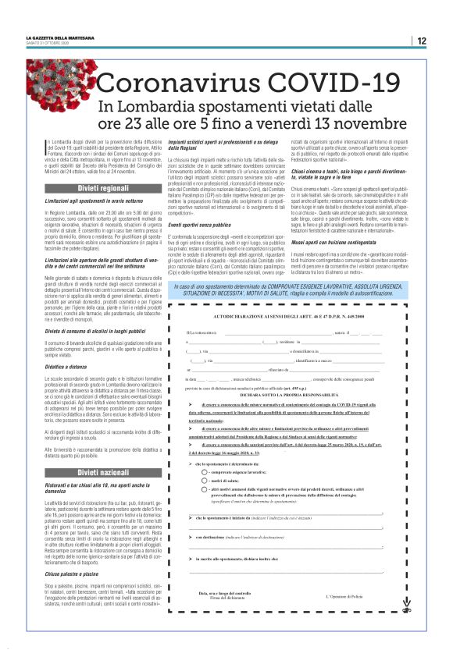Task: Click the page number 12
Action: [421, 41]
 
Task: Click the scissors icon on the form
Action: [406, 602]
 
